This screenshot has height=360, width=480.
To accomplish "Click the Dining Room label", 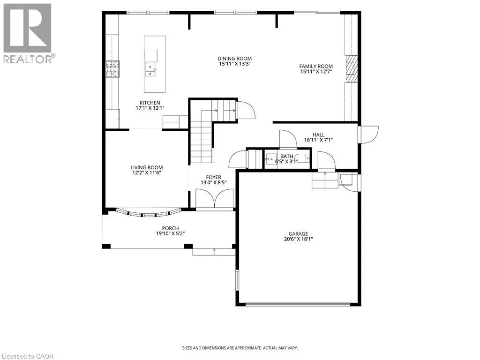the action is pyautogui.click(x=235, y=59).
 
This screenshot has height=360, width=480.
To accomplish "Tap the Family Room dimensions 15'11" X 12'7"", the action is pyautogui.click(x=316, y=72).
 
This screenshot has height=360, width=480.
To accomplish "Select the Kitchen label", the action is pyautogui.click(x=150, y=103).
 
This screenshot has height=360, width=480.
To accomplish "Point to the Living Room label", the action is pyautogui.click(x=147, y=167).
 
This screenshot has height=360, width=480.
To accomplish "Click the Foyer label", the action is pyautogui.click(x=214, y=177).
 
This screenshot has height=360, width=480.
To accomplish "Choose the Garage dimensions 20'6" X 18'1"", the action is pyautogui.click(x=299, y=239).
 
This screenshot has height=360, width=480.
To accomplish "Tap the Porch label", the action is pyautogui.click(x=171, y=228).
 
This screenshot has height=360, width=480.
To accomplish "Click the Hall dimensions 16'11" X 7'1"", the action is pyautogui.click(x=318, y=140).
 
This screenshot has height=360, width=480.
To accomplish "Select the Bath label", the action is pyautogui.click(x=286, y=157).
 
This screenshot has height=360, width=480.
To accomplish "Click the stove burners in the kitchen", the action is pyautogui.click(x=112, y=69).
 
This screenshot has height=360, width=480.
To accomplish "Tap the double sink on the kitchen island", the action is pyautogui.click(x=150, y=69).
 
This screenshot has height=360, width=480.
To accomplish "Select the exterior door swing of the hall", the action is pyautogui.click(x=369, y=135).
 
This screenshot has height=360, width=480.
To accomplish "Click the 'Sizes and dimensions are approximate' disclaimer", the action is pyautogui.click(x=240, y=348).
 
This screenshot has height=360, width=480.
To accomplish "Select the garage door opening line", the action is pyautogui.click(x=298, y=304).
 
